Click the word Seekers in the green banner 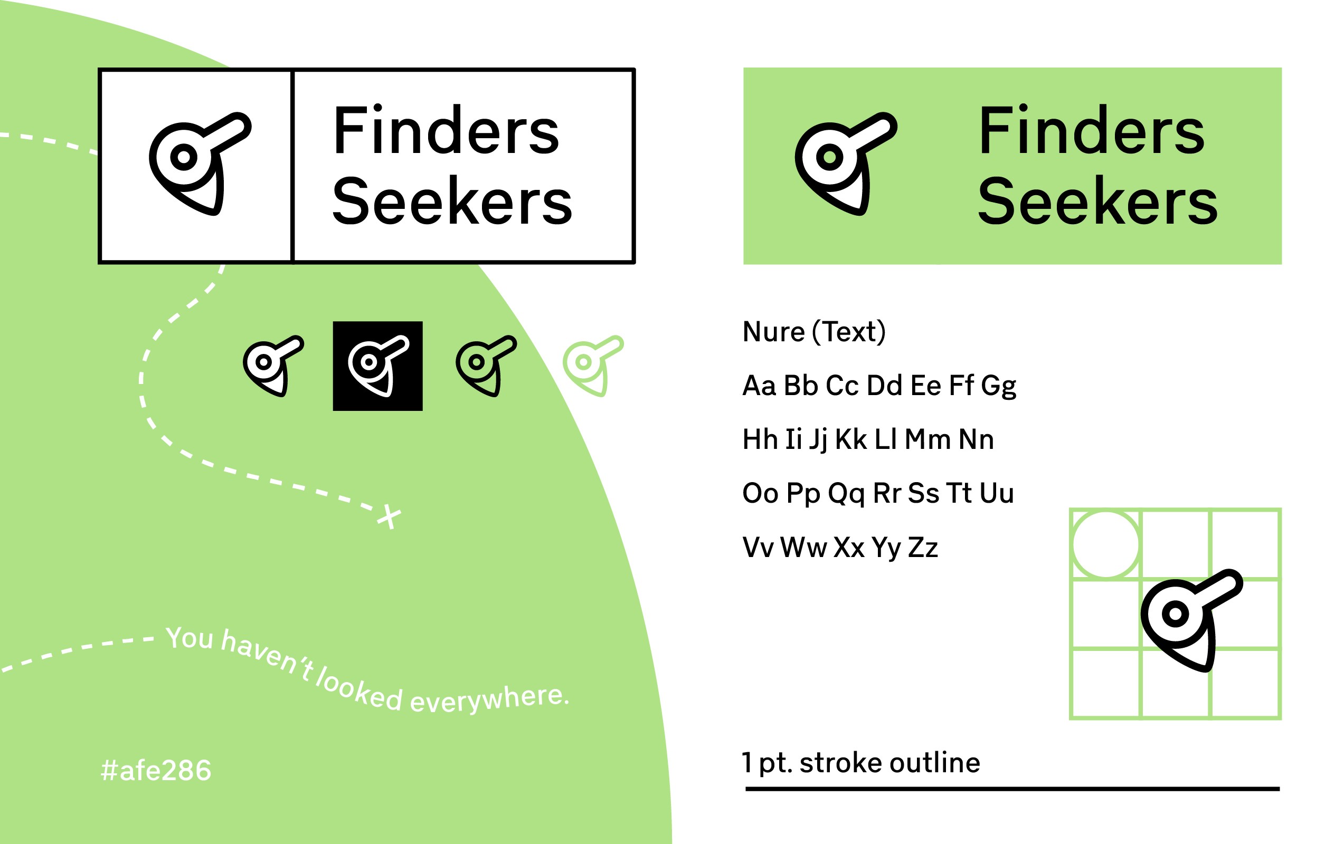click(1097, 202)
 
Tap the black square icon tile click(377, 366)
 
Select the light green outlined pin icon click(592, 366)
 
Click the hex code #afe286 click(156, 770)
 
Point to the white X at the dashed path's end click(389, 516)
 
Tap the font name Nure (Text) click(814, 332)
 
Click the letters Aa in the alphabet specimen click(759, 386)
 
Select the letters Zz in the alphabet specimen click(923, 547)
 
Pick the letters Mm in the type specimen click(927, 439)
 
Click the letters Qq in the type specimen click(846, 494)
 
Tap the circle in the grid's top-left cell click(1106, 544)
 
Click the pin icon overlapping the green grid click(1189, 619)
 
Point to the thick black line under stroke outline click(1012, 789)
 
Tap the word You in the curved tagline click(189, 638)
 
